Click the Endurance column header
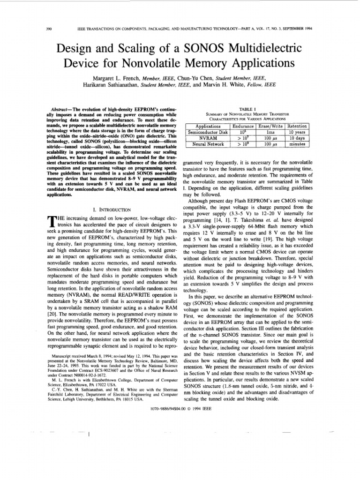(x=244, y=126)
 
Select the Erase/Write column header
(x=271, y=126)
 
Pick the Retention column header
(x=297, y=126)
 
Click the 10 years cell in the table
(x=297, y=132)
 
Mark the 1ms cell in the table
(x=271, y=132)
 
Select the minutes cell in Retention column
(x=297, y=144)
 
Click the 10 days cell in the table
(x=297, y=138)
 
